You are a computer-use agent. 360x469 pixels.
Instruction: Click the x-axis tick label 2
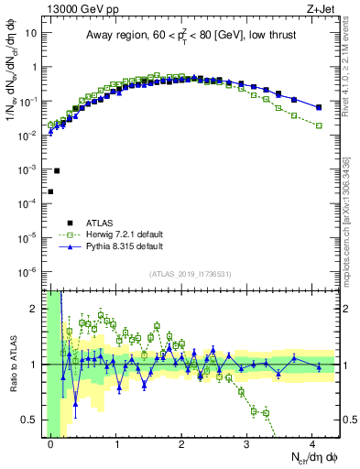[181, 443]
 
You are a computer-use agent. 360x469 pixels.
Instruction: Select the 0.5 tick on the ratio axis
[32, 420]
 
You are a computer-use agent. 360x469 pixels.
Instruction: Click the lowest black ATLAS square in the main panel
[50, 191]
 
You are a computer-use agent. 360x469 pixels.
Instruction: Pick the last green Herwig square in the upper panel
[319, 125]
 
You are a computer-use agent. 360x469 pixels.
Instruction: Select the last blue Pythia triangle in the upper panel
[319, 107]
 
